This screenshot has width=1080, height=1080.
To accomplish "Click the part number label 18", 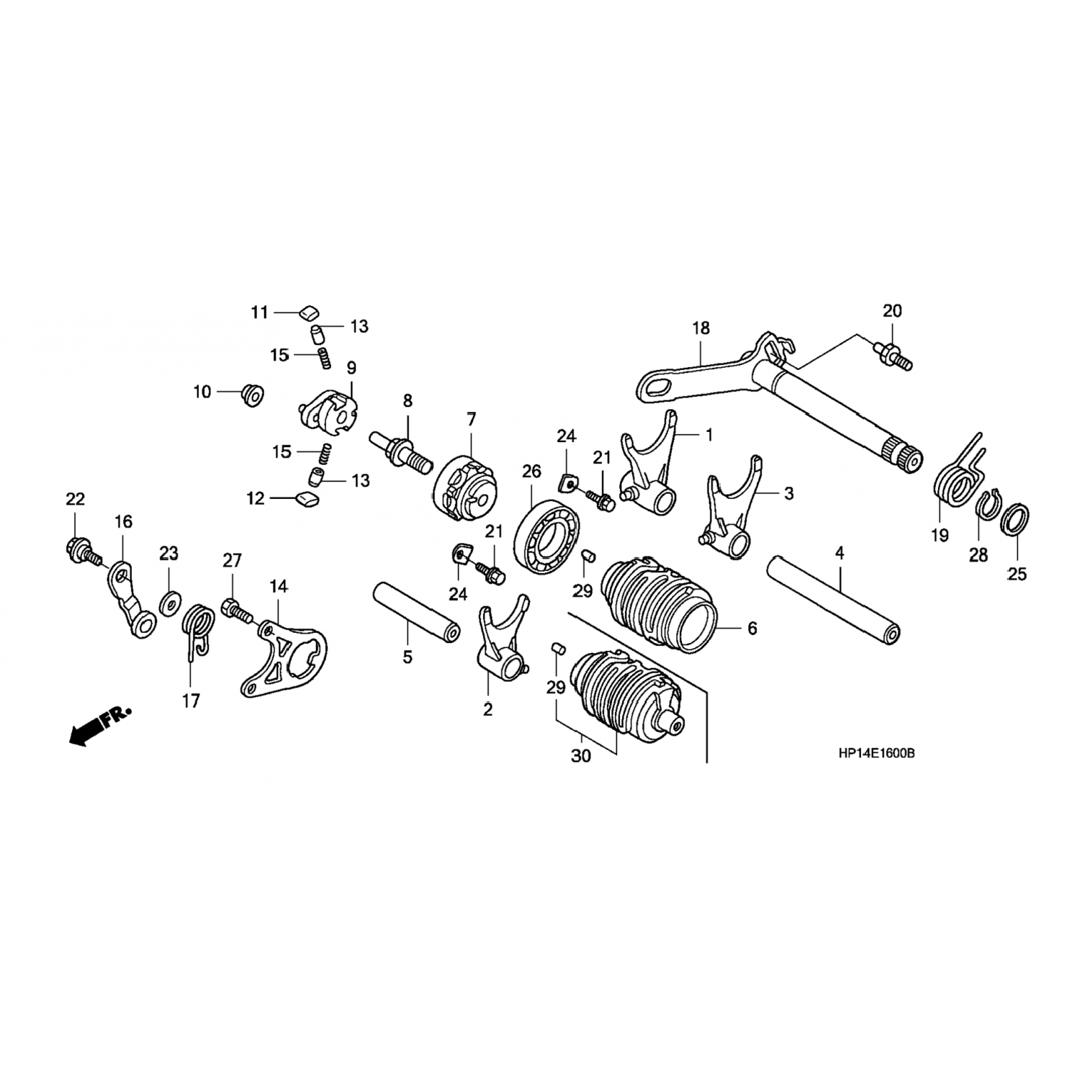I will tap(701, 328).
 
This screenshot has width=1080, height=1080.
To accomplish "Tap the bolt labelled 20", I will tap(894, 354).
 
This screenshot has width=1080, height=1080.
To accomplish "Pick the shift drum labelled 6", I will tap(658, 603).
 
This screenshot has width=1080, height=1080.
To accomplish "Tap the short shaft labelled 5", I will tap(416, 613).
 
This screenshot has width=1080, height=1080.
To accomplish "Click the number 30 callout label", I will tap(580, 756).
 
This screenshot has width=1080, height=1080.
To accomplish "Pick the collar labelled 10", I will tap(253, 394).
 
